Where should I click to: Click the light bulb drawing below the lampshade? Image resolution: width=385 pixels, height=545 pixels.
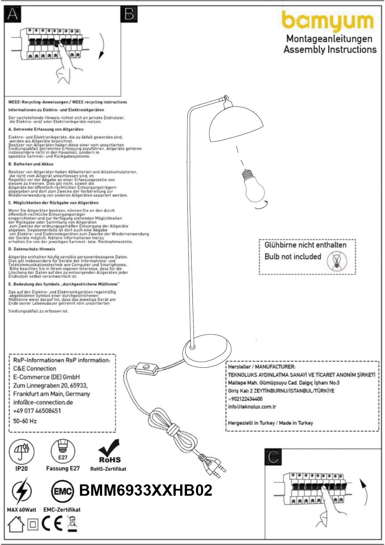(x=254, y=185)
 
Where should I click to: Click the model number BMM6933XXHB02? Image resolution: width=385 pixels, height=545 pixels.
(x=146, y=491)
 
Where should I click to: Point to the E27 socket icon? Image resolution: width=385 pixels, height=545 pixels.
(x=63, y=451)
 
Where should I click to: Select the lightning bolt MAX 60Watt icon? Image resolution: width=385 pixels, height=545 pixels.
(x=21, y=492)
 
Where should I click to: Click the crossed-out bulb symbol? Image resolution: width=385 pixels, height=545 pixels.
(x=337, y=261)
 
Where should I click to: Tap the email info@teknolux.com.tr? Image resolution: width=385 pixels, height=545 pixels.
(x=252, y=407)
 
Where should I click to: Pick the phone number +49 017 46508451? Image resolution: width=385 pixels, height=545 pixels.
(x=37, y=411)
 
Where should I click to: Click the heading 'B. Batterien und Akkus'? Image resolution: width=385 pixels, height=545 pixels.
(x=31, y=164)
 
